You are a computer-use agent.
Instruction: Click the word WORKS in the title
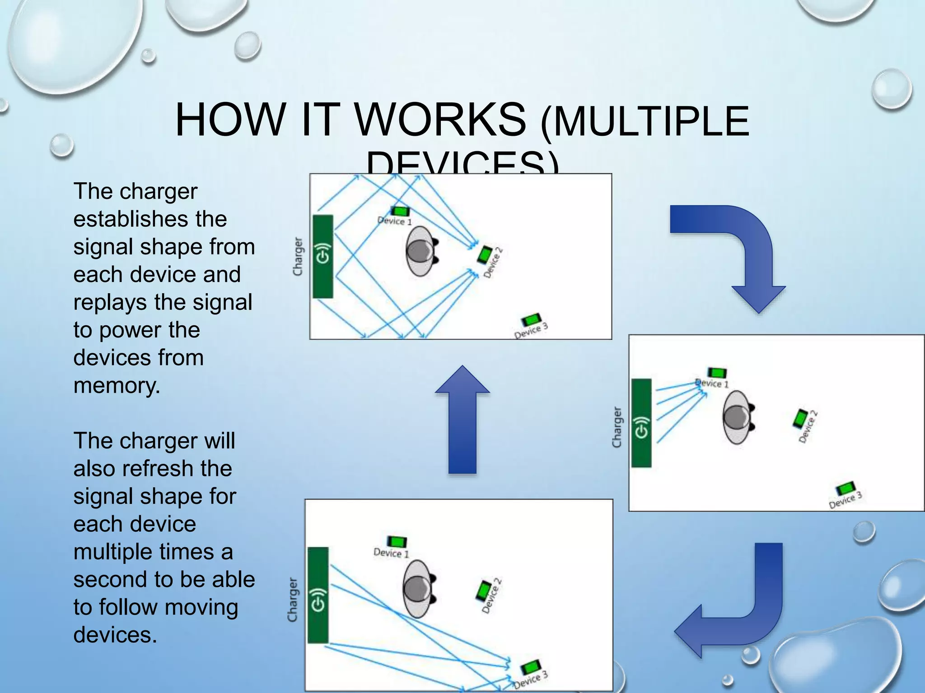(x=441, y=120)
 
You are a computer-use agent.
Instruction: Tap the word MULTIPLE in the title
(x=650, y=121)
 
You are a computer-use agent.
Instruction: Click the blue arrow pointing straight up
(x=462, y=420)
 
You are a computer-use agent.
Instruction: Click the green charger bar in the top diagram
(x=322, y=256)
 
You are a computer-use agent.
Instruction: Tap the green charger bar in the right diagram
(x=641, y=423)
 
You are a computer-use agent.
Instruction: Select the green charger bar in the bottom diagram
(x=318, y=595)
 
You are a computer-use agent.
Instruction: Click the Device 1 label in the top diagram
(x=395, y=221)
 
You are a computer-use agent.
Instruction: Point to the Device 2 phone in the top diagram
(x=485, y=255)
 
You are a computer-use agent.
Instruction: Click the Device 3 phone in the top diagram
(x=531, y=320)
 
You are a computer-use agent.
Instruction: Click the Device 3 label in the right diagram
(x=845, y=500)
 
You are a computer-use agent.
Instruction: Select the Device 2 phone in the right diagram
(x=800, y=419)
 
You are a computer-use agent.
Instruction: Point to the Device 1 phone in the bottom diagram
(x=397, y=541)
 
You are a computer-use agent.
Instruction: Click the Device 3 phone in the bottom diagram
(x=530, y=667)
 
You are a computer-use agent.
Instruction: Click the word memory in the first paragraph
(x=117, y=386)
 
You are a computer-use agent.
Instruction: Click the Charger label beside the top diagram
(x=298, y=256)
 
